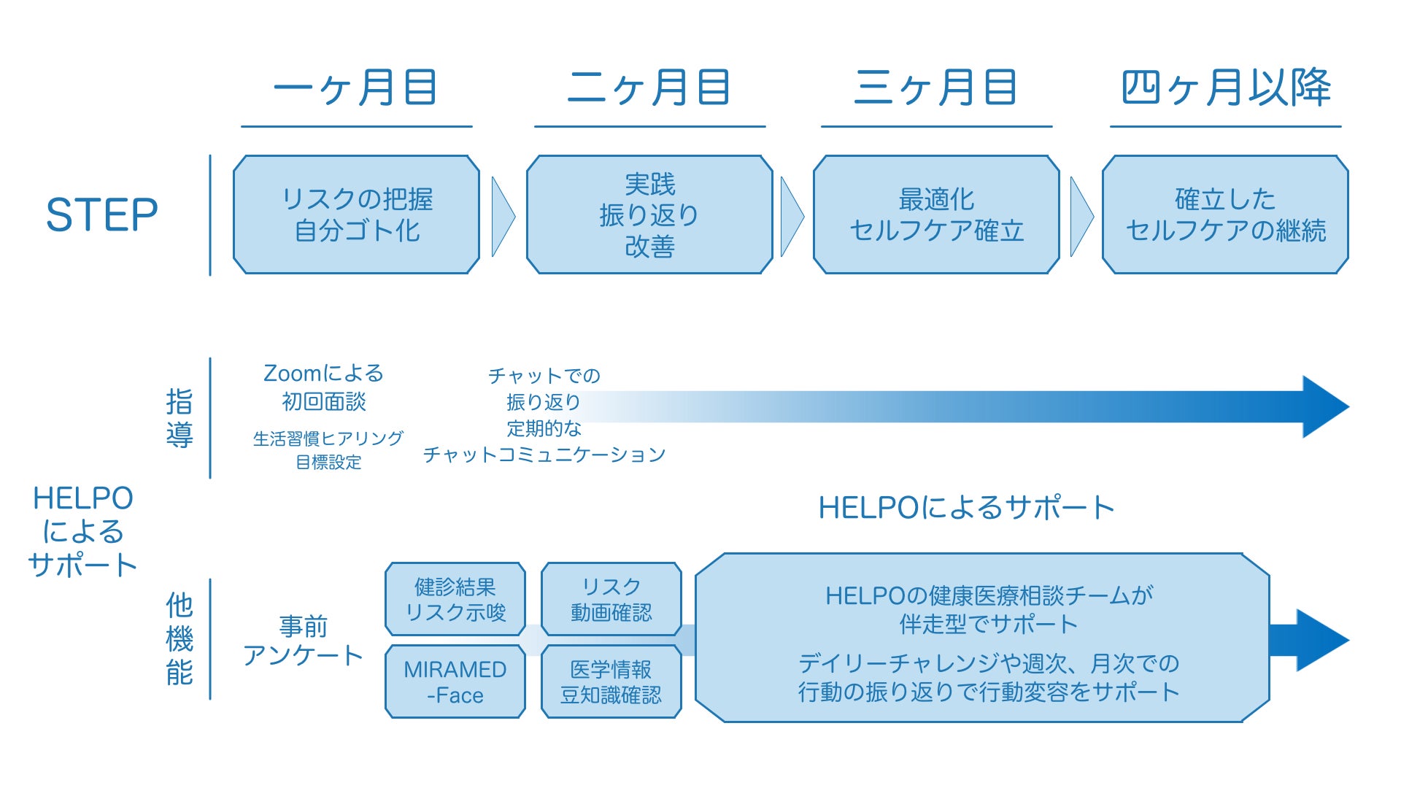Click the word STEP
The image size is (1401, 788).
tap(102, 215)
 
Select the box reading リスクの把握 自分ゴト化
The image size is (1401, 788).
tap(356, 215)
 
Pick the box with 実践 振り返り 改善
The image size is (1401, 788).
tap(649, 215)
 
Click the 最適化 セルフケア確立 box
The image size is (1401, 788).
tap(936, 215)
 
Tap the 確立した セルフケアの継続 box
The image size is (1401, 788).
tap(1225, 215)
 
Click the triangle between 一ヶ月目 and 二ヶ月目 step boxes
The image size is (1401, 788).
tap(502, 216)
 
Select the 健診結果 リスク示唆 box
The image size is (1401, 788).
tap(455, 599)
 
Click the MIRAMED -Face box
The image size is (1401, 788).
tap(455, 681)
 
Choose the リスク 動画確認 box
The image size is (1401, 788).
tap(611, 599)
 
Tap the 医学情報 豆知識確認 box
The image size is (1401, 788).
tap(611, 681)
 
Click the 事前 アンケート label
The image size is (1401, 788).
tap(303, 641)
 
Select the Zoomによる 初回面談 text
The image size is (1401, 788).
tap(323, 387)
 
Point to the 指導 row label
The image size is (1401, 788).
tap(180, 418)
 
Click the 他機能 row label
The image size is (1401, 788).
tap(180, 639)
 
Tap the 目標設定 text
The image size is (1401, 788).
tap(328, 463)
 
